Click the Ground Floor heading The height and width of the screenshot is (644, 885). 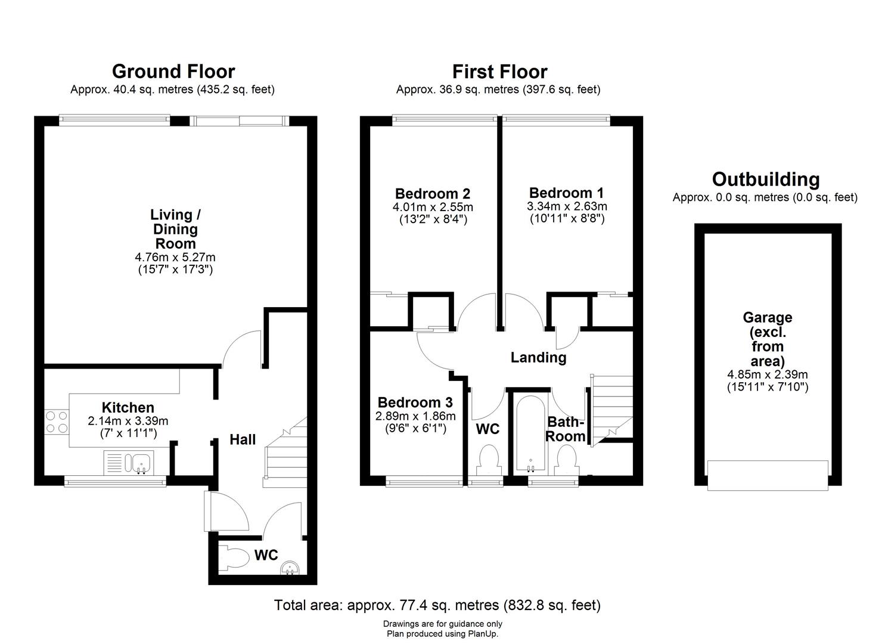(173, 72)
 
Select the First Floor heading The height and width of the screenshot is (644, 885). (499, 72)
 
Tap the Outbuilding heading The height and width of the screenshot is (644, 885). (766, 179)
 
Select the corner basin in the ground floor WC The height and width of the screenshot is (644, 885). (290, 568)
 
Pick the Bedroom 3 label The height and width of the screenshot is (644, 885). (415, 402)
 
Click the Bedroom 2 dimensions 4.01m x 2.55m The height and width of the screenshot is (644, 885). (433, 207)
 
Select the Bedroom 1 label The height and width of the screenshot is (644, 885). (566, 193)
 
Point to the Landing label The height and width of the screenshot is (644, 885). (538, 358)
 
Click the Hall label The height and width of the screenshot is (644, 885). (243, 439)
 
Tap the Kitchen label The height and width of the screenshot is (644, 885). (128, 408)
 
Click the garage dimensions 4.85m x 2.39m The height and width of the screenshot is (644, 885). (767, 374)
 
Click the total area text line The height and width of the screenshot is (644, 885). (437, 605)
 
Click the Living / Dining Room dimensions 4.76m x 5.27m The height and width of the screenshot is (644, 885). (175, 258)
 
